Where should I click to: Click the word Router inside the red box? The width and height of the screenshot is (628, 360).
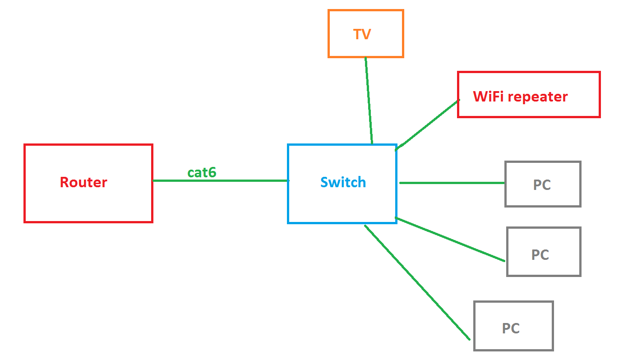[x=83, y=182]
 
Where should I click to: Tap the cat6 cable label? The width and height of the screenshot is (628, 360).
[x=202, y=172]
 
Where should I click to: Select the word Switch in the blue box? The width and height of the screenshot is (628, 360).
[x=343, y=182]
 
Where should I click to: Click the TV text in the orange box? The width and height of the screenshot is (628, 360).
[x=362, y=34]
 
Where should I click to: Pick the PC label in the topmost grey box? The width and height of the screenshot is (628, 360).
[x=542, y=185]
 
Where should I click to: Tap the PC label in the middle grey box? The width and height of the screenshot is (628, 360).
[x=540, y=255]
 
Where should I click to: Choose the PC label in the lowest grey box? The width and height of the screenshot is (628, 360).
[x=511, y=328]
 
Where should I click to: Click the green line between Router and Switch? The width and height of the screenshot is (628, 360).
[x=221, y=181]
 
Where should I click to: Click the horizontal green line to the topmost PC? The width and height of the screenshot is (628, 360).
[x=451, y=183]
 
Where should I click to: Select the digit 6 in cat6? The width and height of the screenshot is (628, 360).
[x=212, y=172]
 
